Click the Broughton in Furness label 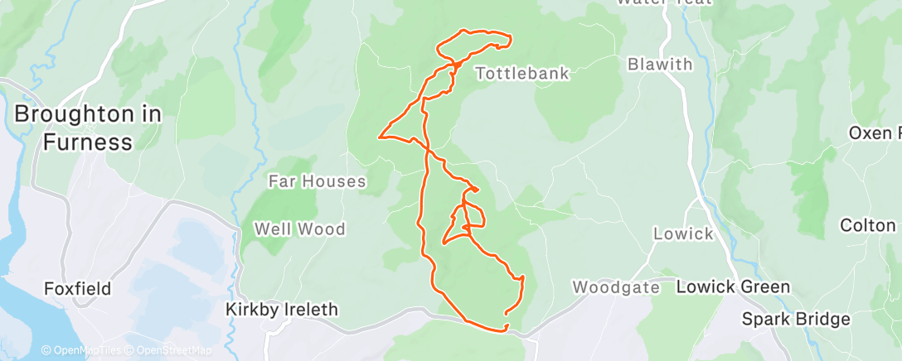pos(87,128)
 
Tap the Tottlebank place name pos(522,74)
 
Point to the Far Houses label pos(318,180)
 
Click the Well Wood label pos(299,229)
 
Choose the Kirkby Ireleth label pos(282,310)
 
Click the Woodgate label pos(616,287)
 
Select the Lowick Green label pos(733,287)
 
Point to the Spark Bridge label pos(783,319)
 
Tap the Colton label pos(867,225)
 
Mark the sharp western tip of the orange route pos(380,137)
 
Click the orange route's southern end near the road pos(505,330)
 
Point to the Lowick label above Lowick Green pos(683,233)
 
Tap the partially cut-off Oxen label pos(874,133)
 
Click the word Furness pos(87,142)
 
